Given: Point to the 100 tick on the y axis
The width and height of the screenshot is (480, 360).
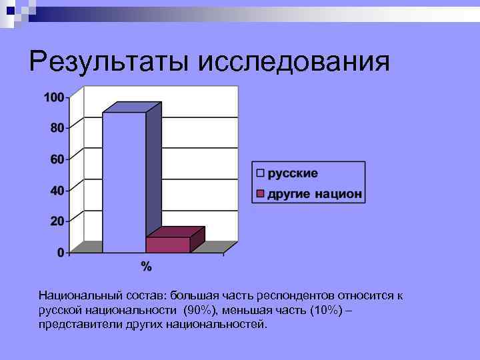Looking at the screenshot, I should point(54,97).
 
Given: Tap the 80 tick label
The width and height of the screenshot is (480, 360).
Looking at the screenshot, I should point(57,128).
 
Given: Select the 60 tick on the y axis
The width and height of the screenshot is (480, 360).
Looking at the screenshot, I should point(57,159).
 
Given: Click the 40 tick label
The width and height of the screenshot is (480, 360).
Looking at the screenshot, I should point(57,191).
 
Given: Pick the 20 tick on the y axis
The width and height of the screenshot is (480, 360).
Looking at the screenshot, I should point(57,221).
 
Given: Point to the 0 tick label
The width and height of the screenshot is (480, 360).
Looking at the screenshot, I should point(61,253).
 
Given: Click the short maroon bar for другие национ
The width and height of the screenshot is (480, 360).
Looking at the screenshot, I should point(168,244).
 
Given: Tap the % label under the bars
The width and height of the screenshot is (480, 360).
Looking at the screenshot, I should point(146,267).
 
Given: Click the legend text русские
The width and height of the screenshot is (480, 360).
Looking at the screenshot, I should point(293,173).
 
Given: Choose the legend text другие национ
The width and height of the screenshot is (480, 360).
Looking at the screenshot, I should point(315,194).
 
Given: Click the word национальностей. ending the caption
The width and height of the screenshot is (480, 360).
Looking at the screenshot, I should point(219,325).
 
